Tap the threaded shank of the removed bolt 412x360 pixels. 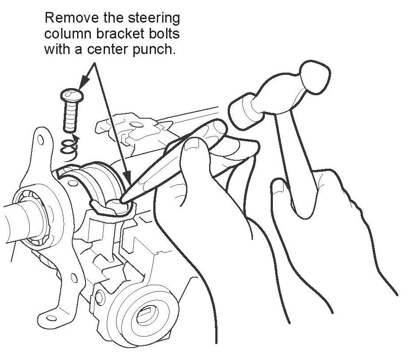(69, 116)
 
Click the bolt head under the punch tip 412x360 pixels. (114, 203)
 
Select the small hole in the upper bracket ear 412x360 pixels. (41, 140)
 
